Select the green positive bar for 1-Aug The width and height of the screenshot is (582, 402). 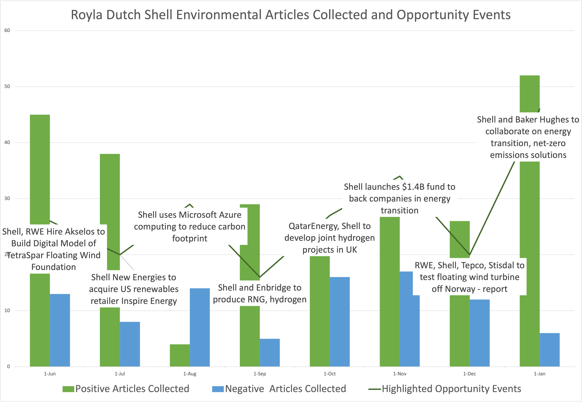tap(180, 355)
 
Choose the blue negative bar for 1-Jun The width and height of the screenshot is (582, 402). tap(60, 330)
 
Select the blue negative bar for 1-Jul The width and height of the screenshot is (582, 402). tap(130, 344)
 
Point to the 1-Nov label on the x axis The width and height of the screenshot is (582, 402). tap(400, 374)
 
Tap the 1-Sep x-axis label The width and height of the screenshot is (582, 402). tap(260, 374)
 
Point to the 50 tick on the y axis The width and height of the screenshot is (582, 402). tap(7, 86)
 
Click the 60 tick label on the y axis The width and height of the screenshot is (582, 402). tap(7, 31)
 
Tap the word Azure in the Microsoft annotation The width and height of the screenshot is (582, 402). tap(229, 215)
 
